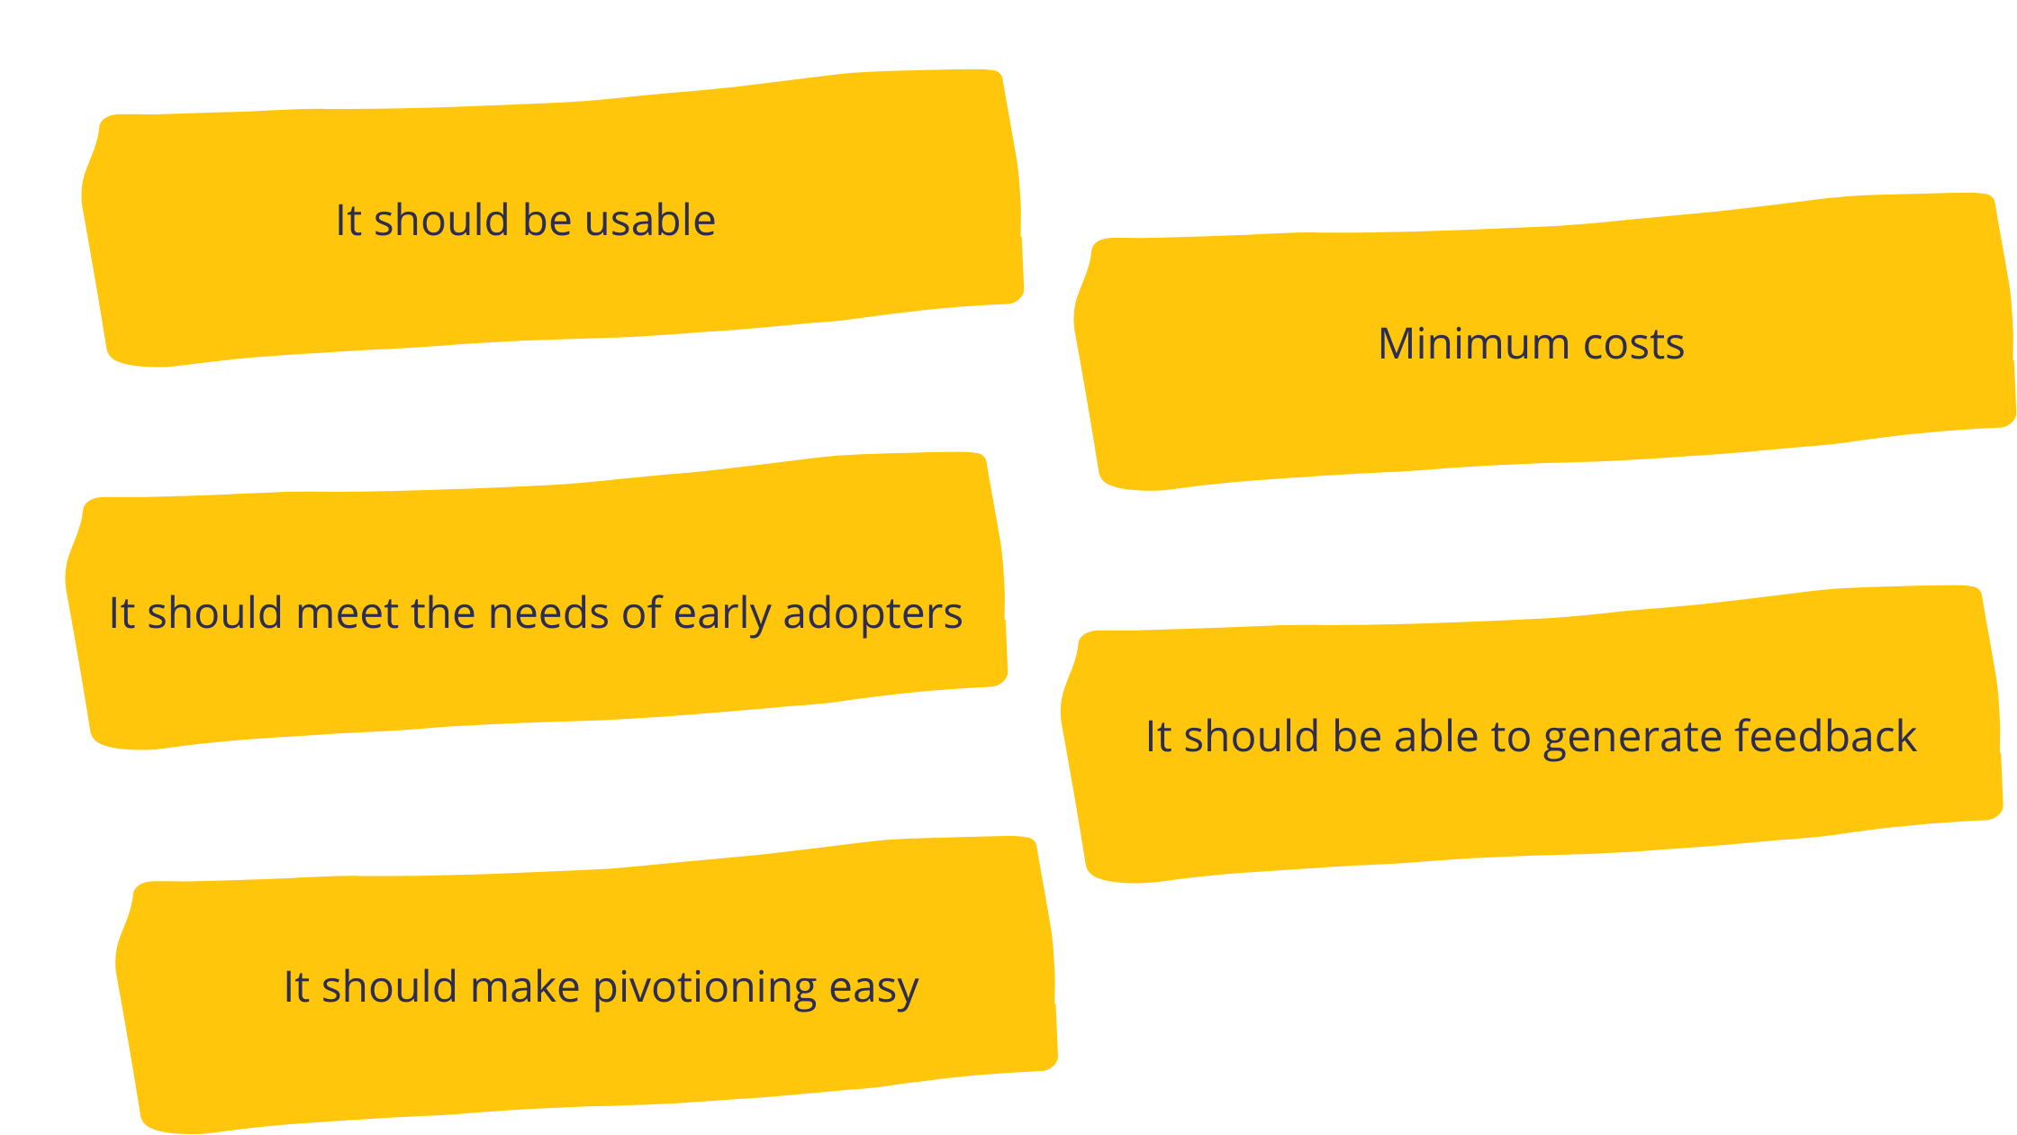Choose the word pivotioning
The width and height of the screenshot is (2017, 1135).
click(x=705, y=988)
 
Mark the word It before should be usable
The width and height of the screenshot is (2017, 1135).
click(x=348, y=220)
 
